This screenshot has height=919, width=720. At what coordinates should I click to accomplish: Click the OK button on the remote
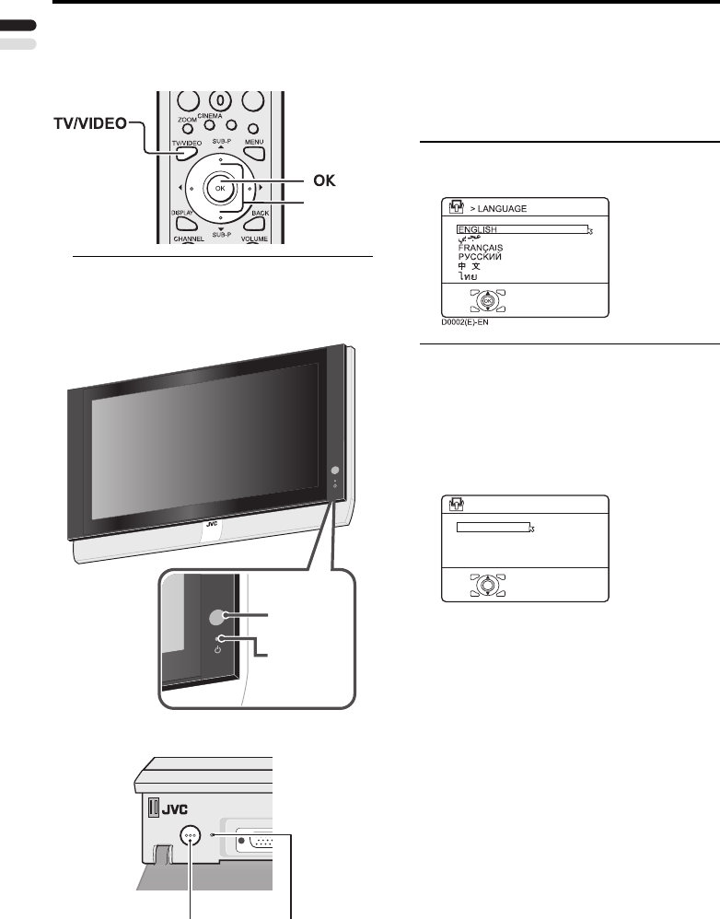(x=219, y=188)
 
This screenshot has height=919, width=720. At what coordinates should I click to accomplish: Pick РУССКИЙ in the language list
(x=482, y=257)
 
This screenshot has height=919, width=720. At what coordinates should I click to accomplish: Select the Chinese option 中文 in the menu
(x=470, y=266)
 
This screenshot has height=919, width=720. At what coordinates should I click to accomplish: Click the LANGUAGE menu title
(x=503, y=207)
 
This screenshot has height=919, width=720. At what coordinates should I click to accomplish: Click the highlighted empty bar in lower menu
(x=494, y=529)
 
